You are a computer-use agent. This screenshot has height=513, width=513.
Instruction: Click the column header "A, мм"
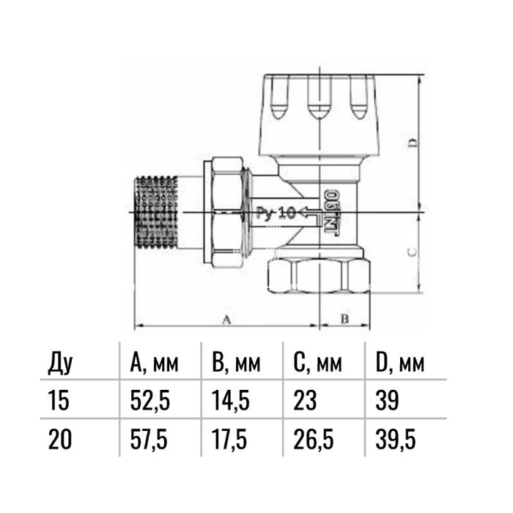click(154, 363)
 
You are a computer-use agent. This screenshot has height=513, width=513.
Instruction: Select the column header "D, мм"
click(399, 363)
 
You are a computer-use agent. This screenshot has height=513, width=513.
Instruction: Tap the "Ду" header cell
click(60, 363)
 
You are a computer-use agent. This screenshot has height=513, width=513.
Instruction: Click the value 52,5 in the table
click(150, 400)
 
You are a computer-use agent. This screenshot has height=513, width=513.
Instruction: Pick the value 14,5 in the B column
click(231, 400)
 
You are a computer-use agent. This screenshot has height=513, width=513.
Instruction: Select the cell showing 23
click(305, 400)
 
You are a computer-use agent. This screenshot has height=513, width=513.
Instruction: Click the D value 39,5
click(396, 440)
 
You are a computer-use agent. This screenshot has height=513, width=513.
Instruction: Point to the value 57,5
click(149, 440)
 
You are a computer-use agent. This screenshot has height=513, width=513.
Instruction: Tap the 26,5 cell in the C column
click(314, 440)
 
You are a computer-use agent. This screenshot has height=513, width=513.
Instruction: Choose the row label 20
click(59, 440)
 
